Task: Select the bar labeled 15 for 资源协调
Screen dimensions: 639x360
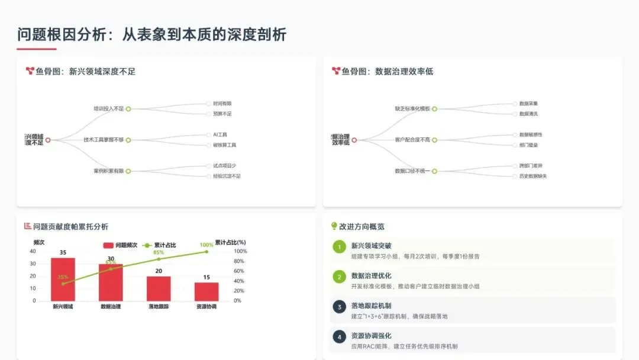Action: pos(206,291)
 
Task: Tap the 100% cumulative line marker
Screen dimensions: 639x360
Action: pos(206,252)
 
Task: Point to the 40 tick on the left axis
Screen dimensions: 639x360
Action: pos(33,251)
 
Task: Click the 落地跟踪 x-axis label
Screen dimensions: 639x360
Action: pos(159,307)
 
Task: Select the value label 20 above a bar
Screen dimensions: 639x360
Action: pos(159,271)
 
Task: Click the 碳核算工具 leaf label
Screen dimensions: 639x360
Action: pos(224,145)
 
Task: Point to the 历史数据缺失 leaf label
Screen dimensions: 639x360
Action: pos(532,176)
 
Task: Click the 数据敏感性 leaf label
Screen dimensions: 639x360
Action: pos(531,134)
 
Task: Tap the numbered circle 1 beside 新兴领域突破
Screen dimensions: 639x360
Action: pos(339,246)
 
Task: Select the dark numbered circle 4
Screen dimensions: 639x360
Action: pos(339,337)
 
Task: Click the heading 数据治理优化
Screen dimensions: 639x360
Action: pos(371,275)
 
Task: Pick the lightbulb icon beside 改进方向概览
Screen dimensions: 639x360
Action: pos(334,226)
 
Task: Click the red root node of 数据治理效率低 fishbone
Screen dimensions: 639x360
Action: pos(354,140)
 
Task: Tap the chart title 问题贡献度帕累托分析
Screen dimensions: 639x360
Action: pos(70,226)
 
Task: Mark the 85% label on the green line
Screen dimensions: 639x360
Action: pos(159,252)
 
